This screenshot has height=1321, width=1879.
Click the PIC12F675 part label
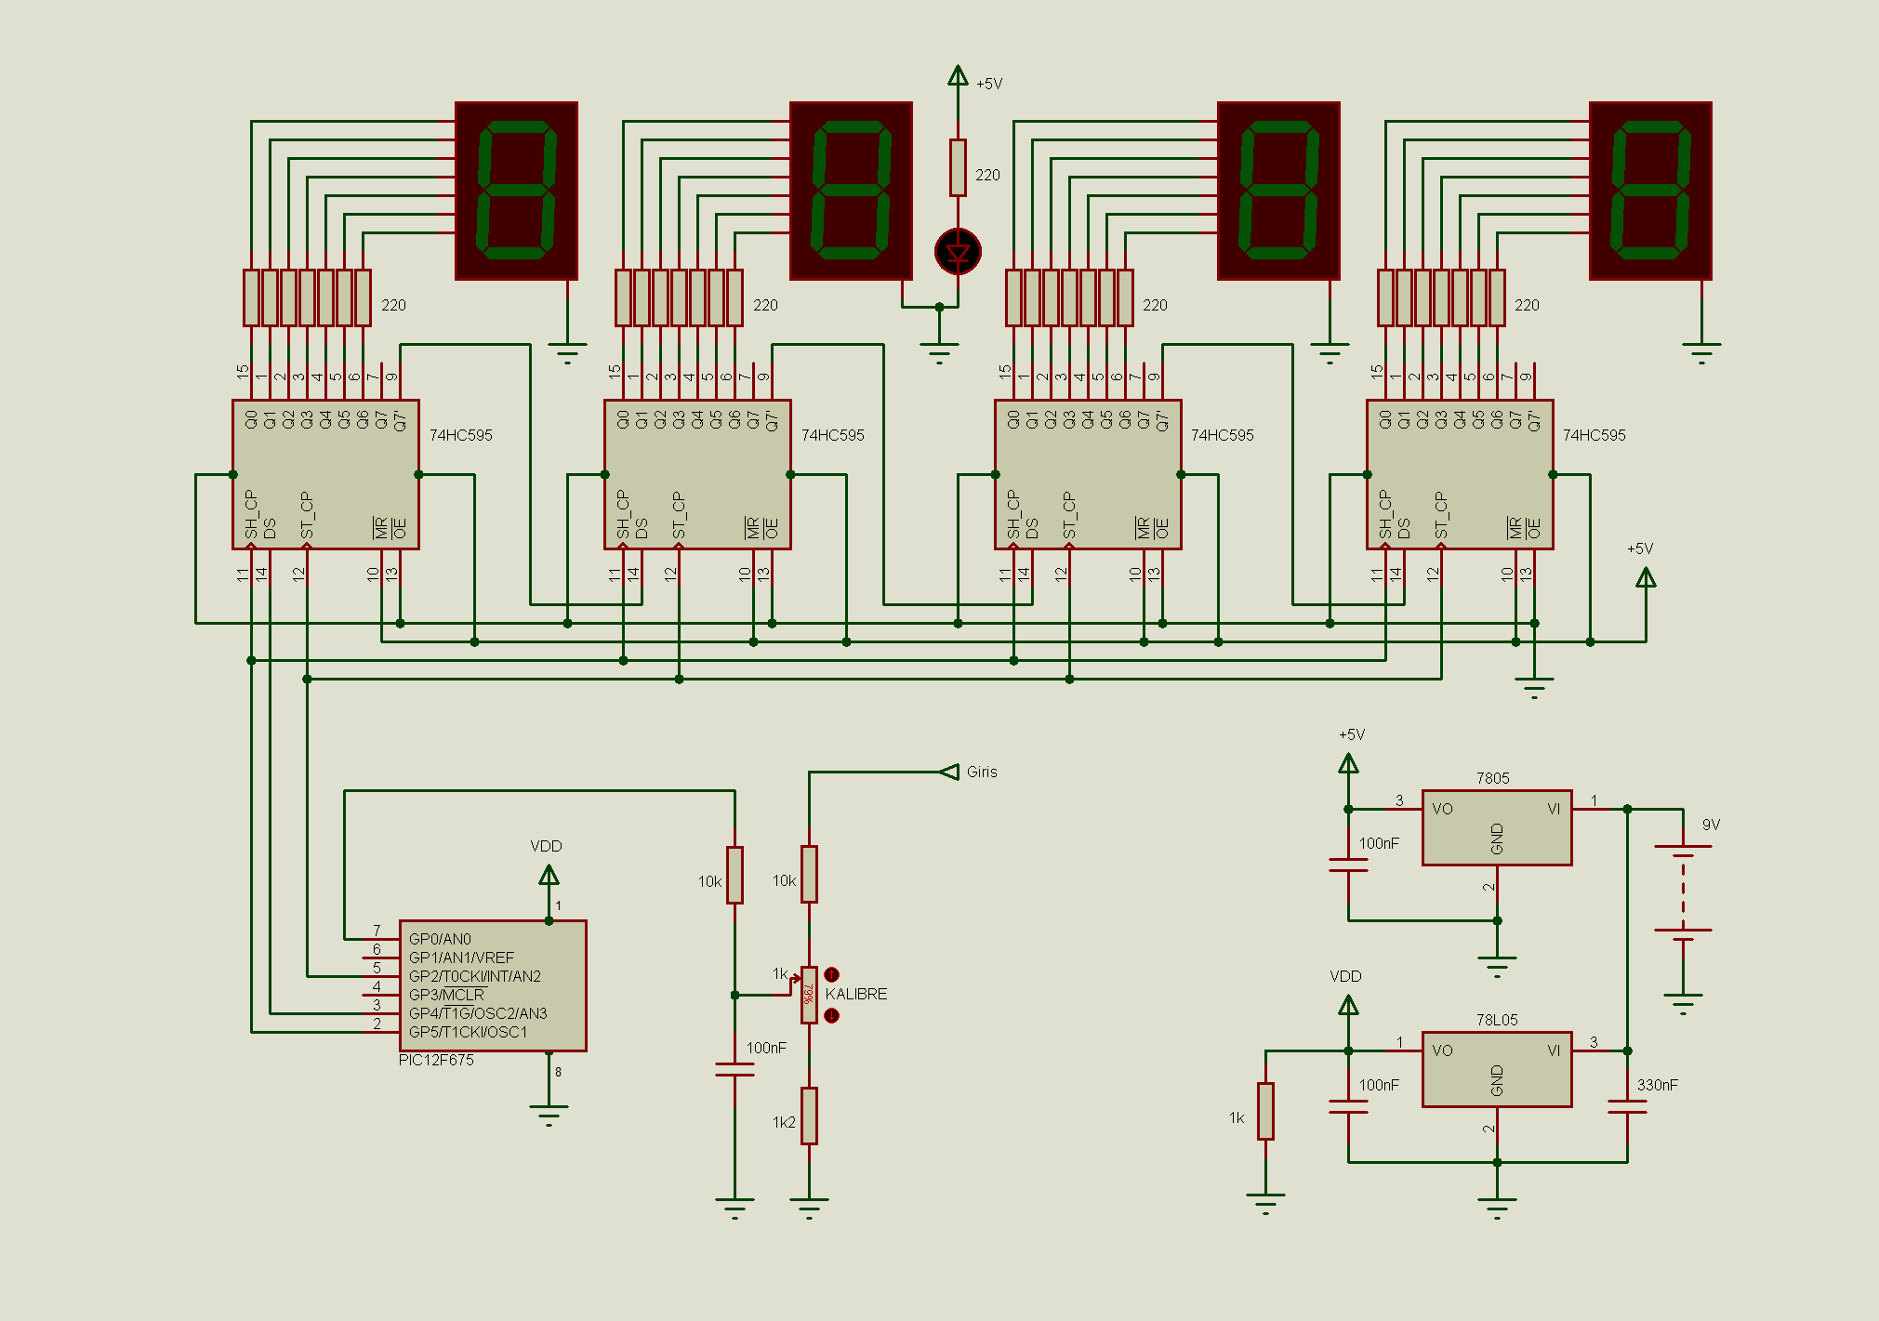tap(436, 1060)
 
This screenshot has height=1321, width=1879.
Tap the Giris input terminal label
tap(982, 772)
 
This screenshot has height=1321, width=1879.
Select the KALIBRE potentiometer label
tap(856, 994)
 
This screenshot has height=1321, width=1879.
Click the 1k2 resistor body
tap(810, 1116)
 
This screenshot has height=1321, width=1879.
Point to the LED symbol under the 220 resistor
tap(958, 252)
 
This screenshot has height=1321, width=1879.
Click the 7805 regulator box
tap(1497, 827)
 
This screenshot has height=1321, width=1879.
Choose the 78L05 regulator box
tap(1497, 1069)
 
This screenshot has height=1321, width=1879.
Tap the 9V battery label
tap(1711, 825)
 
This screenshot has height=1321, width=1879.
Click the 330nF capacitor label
tap(1658, 1085)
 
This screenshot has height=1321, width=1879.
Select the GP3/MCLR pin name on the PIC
tap(446, 995)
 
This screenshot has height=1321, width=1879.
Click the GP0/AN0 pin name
tap(440, 939)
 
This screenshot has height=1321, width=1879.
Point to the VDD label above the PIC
tap(546, 846)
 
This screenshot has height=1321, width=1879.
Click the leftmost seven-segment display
tap(516, 191)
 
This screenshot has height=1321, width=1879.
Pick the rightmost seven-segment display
tap(1650, 191)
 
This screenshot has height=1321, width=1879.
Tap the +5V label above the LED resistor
tap(989, 84)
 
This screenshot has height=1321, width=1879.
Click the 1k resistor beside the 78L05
tap(1265, 1111)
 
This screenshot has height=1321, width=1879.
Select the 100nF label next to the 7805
tap(1379, 843)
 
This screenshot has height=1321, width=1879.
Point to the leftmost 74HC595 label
tap(461, 435)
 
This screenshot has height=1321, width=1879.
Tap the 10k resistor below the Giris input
tap(810, 874)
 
